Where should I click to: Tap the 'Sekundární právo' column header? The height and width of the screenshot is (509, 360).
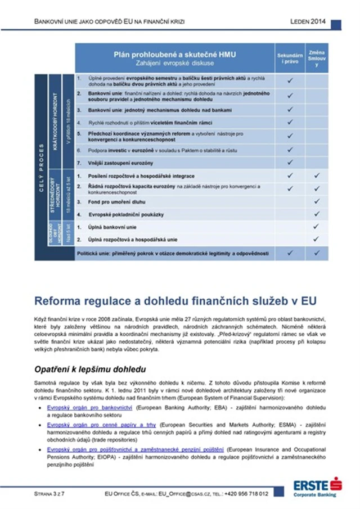(290, 58)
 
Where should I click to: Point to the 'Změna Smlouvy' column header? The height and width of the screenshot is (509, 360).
(317, 58)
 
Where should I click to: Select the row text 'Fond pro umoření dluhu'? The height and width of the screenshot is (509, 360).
(110, 201)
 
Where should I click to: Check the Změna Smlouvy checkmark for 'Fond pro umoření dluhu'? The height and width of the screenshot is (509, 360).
(317, 201)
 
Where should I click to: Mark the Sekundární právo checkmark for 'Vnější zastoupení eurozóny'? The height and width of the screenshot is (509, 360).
(290, 163)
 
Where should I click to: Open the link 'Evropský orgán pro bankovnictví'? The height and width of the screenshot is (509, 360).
(85, 406)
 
